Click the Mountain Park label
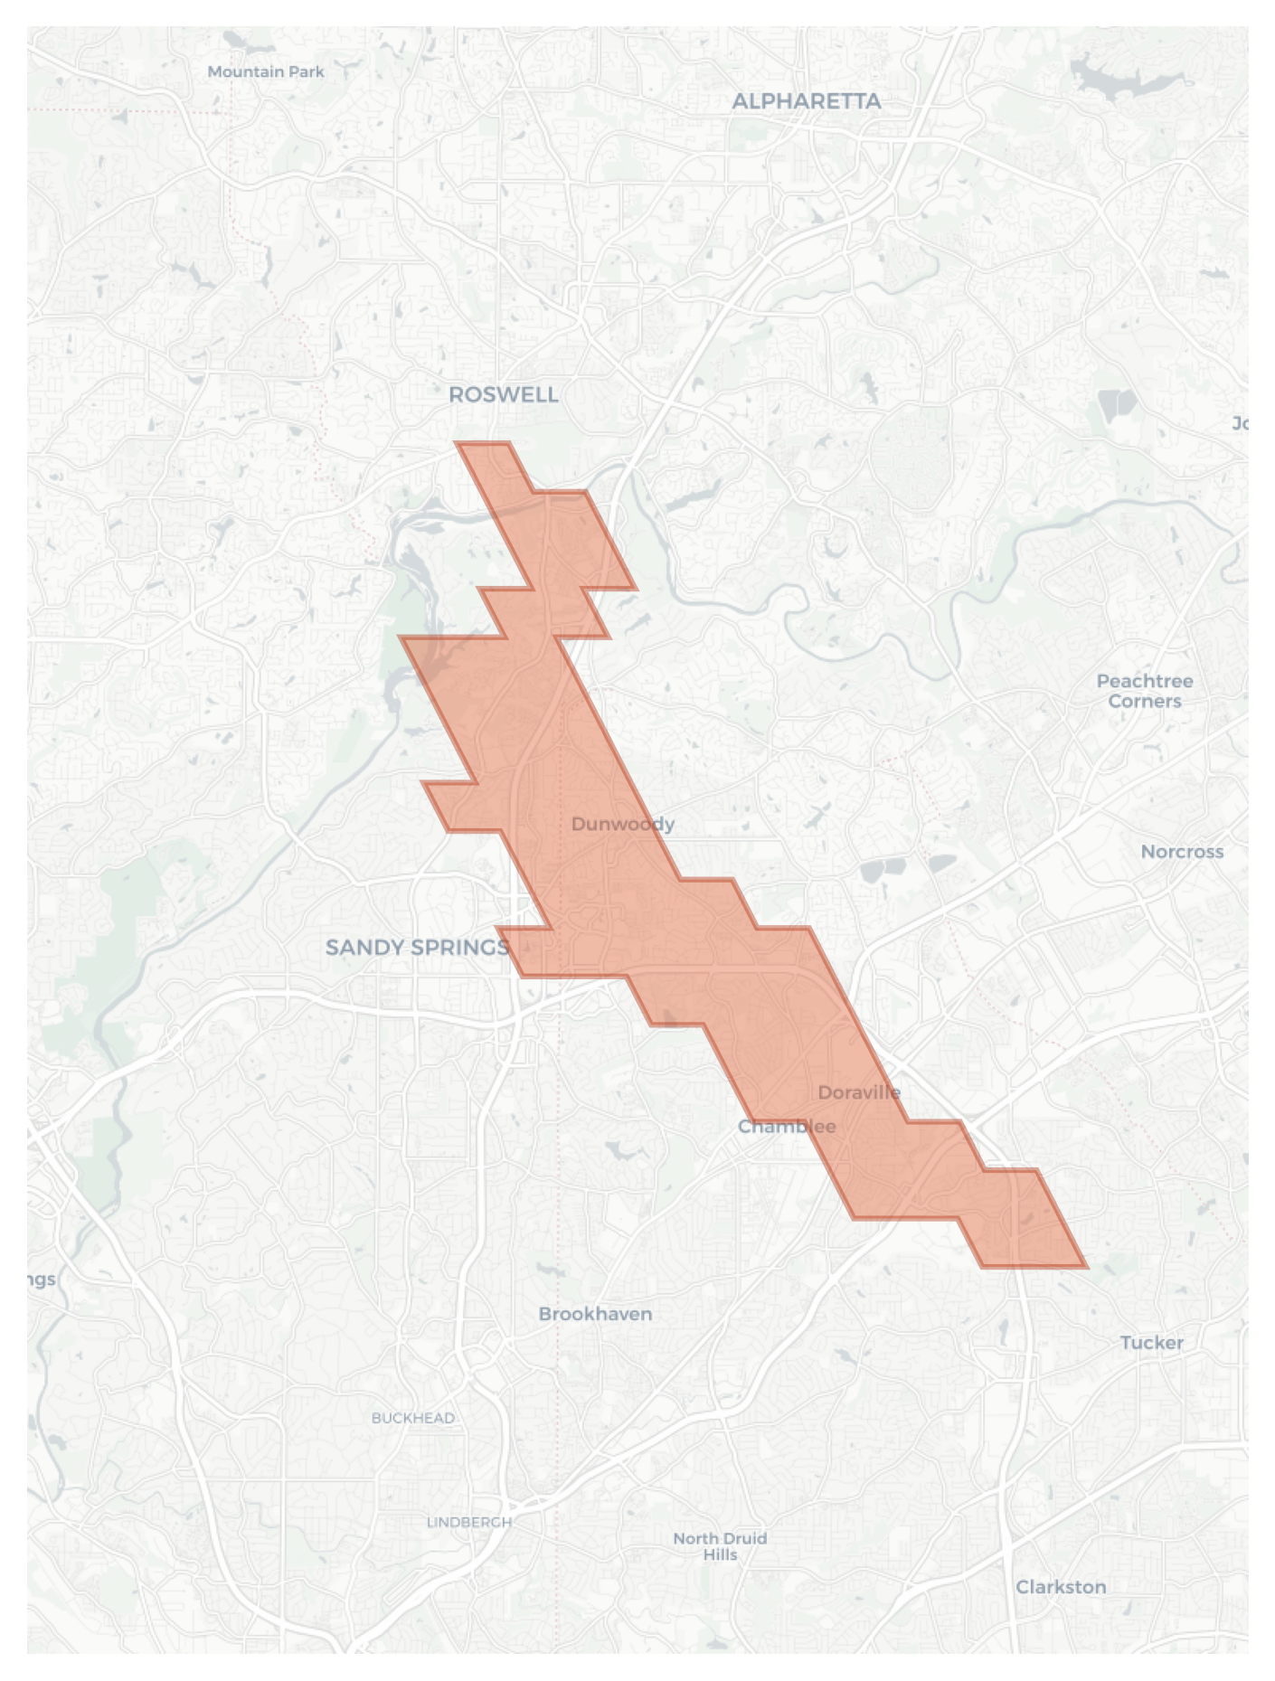pos(265,71)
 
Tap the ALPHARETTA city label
pos(806,101)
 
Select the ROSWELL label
pos(503,394)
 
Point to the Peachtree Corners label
pos(1144,691)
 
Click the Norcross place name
pos(1181,852)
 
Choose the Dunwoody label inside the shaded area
pos(622,824)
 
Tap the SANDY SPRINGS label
pos(417,948)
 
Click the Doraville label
pos(858,1092)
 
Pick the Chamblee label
pos(786,1127)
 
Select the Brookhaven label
pos(595,1314)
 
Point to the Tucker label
pos(1151,1343)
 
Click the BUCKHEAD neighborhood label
pos(412,1418)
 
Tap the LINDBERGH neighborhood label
pos(468,1522)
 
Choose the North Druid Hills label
pos(720,1546)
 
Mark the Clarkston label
pos(1060,1587)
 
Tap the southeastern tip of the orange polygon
pos(1085,1266)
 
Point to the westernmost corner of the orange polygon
pos(401,637)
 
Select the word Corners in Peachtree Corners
pos(1144,702)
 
